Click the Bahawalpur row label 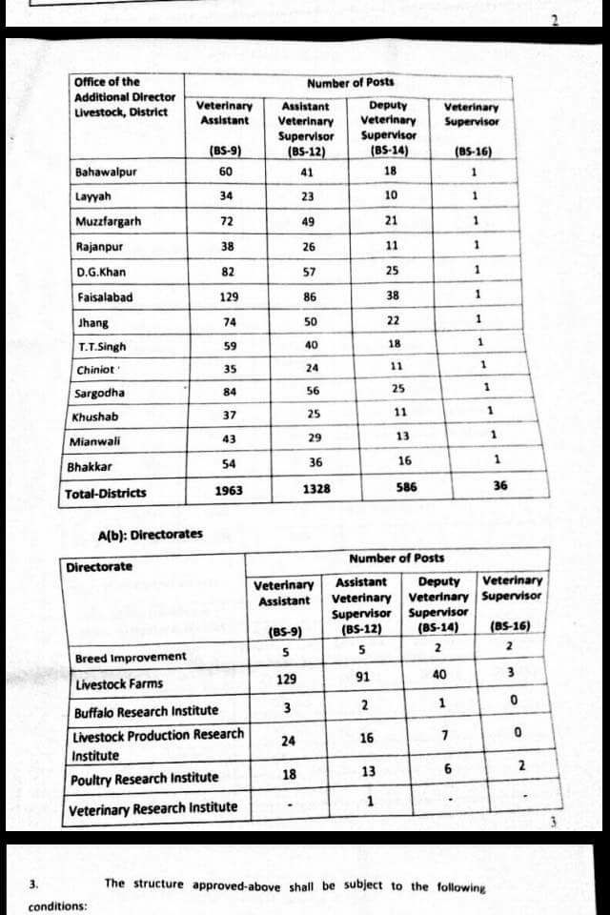106,173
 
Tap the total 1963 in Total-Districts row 228,491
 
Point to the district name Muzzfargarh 109,222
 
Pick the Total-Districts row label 106,494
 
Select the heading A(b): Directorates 151,534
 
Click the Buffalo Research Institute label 146,711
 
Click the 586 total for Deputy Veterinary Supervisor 406,486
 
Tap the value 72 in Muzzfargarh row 227,222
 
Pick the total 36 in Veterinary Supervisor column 500,485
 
